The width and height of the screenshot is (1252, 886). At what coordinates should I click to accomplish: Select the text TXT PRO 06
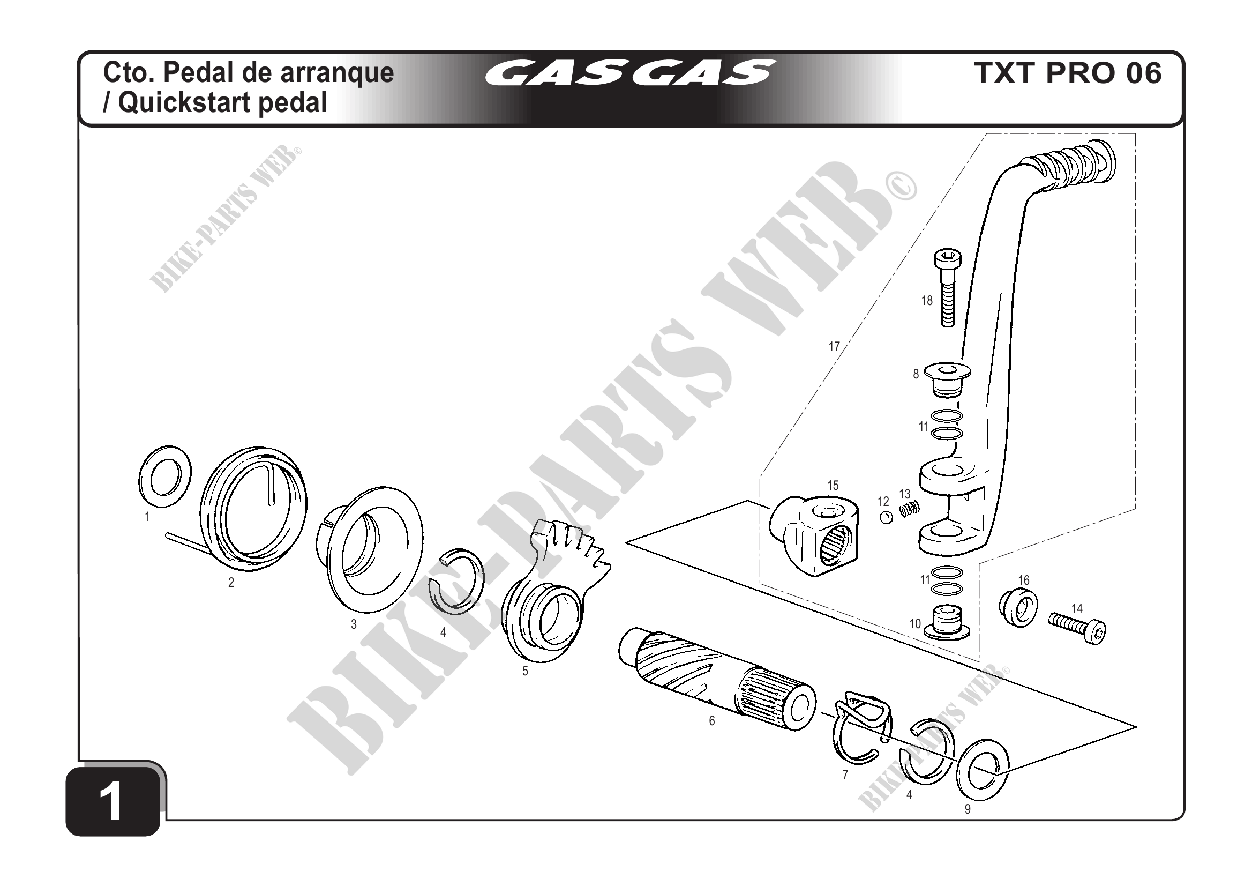point(1067,73)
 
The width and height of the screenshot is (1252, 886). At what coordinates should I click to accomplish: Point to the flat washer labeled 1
point(163,476)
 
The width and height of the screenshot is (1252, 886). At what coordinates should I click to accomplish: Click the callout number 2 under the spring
point(231,583)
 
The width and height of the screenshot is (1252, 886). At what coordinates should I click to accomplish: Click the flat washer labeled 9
point(983,770)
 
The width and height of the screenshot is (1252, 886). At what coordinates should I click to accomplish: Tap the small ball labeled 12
point(886,518)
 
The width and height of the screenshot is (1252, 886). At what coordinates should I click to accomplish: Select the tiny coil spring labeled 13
point(909,510)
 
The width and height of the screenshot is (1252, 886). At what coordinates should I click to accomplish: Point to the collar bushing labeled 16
point(1017,607)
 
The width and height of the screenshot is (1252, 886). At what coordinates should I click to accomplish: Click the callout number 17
point(834,346)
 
